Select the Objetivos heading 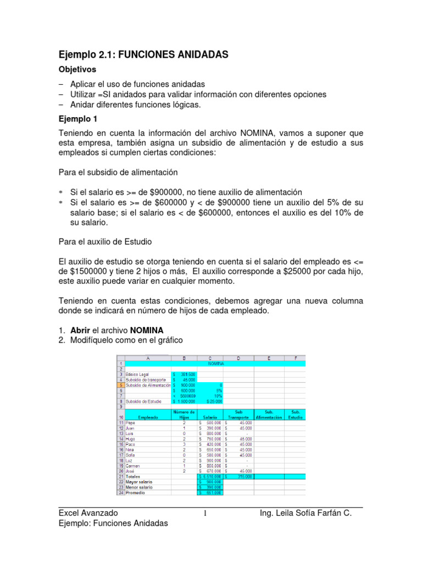[x=77, y=70]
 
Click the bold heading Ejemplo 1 [x=78, y=118]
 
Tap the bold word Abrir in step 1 [x=80, y=329]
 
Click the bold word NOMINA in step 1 [x=146, y=329]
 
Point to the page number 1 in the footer [x=205, y=514]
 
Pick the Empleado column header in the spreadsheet [x=148, y=417]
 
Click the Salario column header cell [x=210, y=417]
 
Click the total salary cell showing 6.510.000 [x=210, y=476]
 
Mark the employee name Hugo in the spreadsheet [x=132, y=439]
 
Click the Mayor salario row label [x=140, y=482]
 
